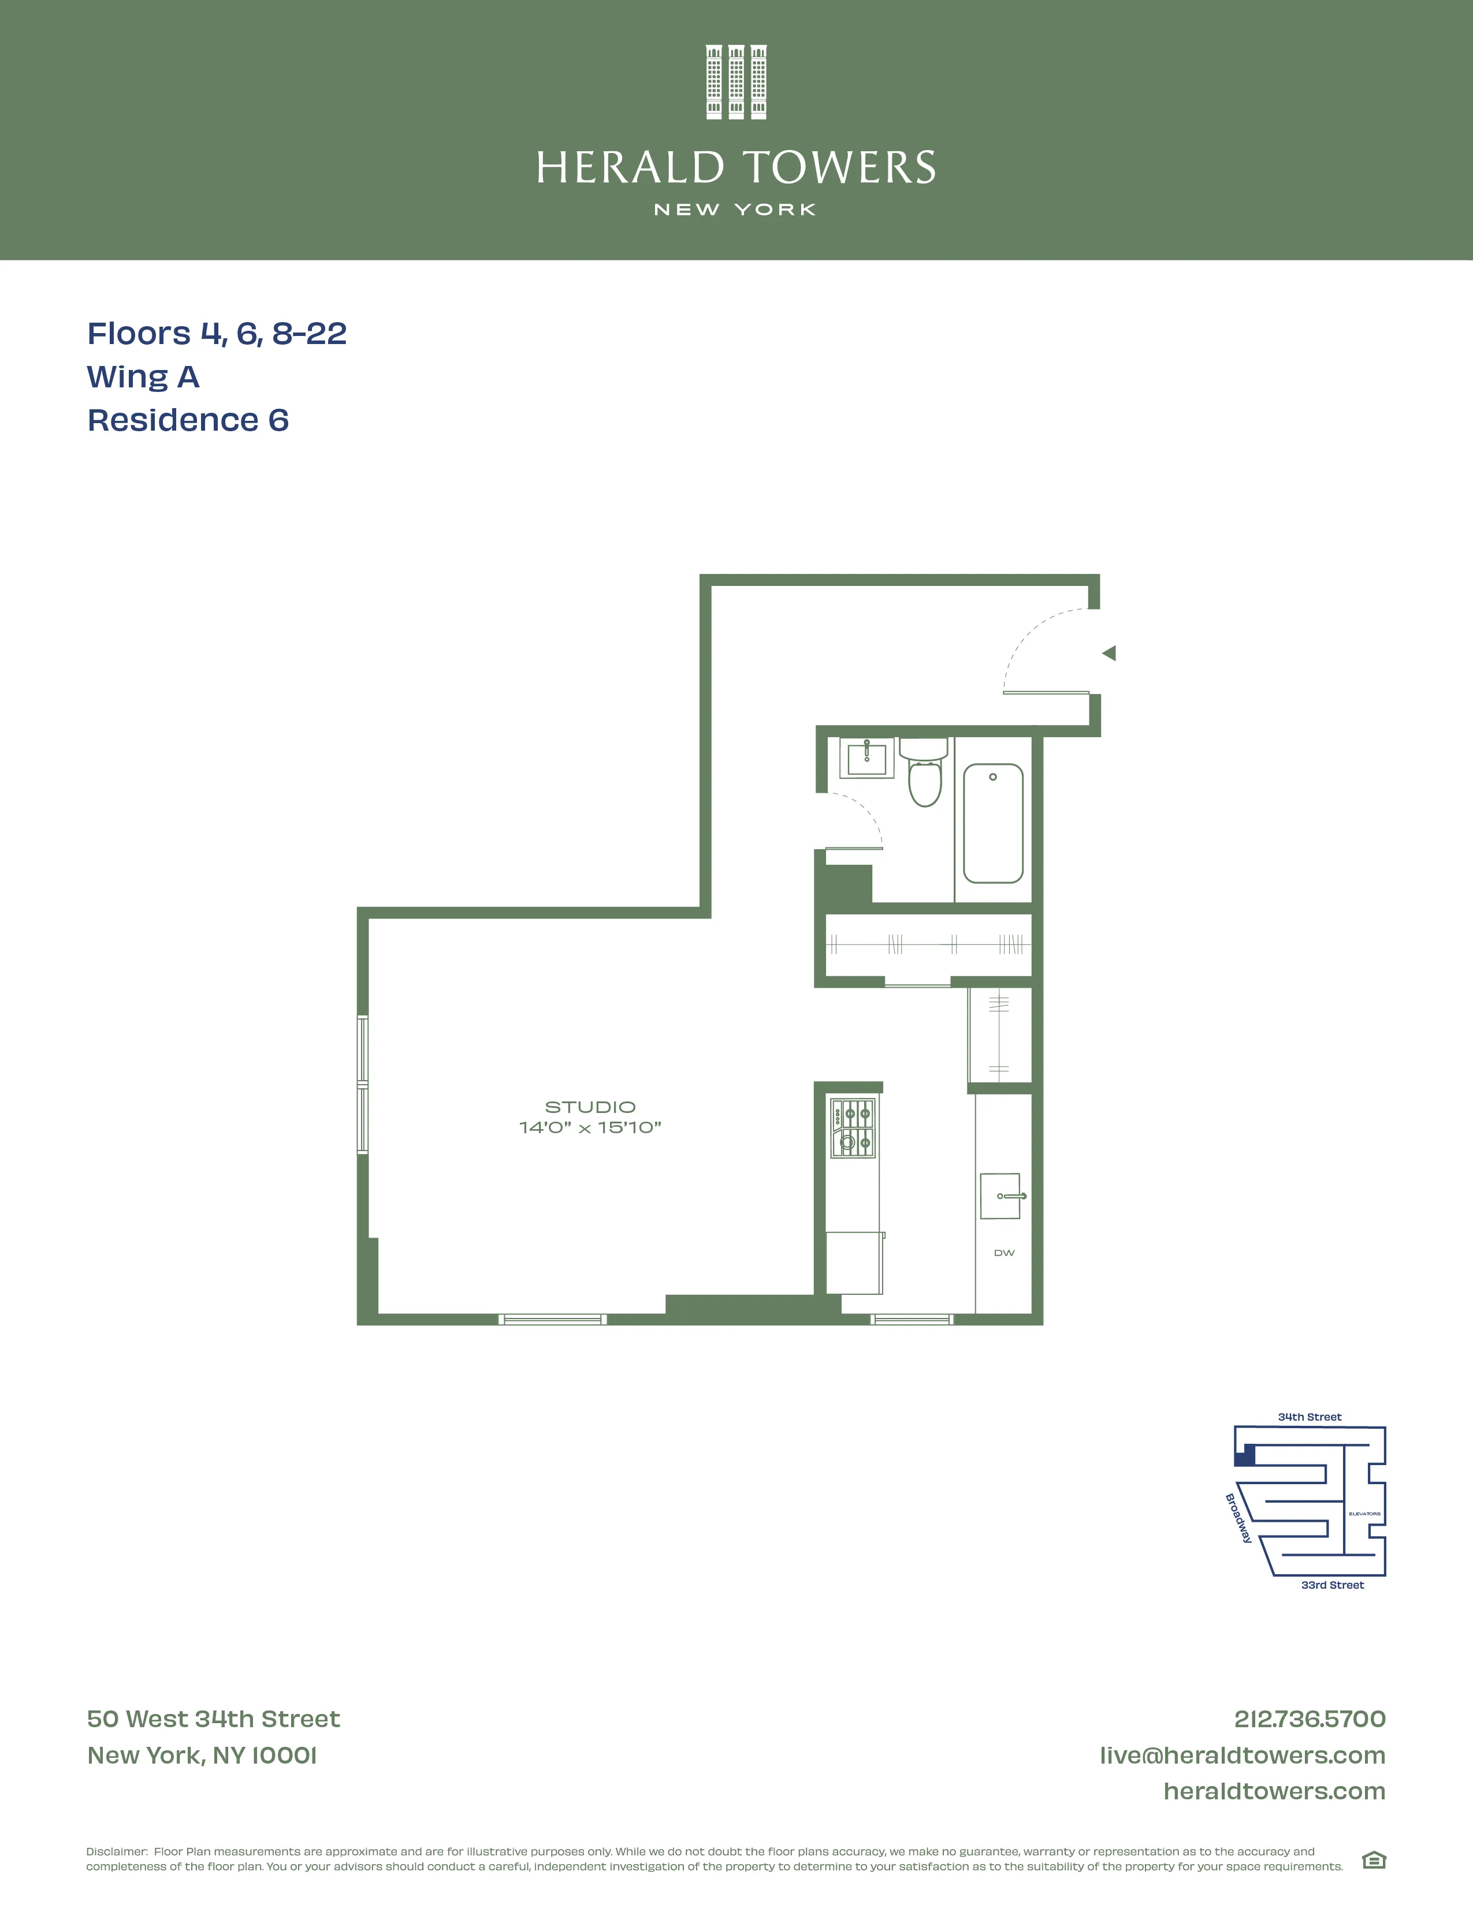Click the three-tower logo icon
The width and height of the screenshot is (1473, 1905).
point(735,82)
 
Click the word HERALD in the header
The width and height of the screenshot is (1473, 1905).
point(630,169)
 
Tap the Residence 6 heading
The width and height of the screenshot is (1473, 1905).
point(188,420)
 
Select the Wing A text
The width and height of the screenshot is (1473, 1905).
point(143,377)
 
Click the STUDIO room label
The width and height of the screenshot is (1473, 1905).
point(590,1107)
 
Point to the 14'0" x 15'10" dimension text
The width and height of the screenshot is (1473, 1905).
point(590,1128)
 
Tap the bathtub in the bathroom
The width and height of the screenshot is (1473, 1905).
point(993,823)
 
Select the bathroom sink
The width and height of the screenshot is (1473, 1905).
point(866,758)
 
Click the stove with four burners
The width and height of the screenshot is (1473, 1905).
point(853,1128)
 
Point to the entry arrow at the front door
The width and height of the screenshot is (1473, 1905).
point(1109,653)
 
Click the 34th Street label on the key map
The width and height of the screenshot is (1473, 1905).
point(1309,1417)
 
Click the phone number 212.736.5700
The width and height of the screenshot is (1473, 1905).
point(1309,1719)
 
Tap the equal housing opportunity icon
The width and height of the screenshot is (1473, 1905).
point(1374,1861)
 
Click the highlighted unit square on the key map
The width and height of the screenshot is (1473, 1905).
point(1246,1455)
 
